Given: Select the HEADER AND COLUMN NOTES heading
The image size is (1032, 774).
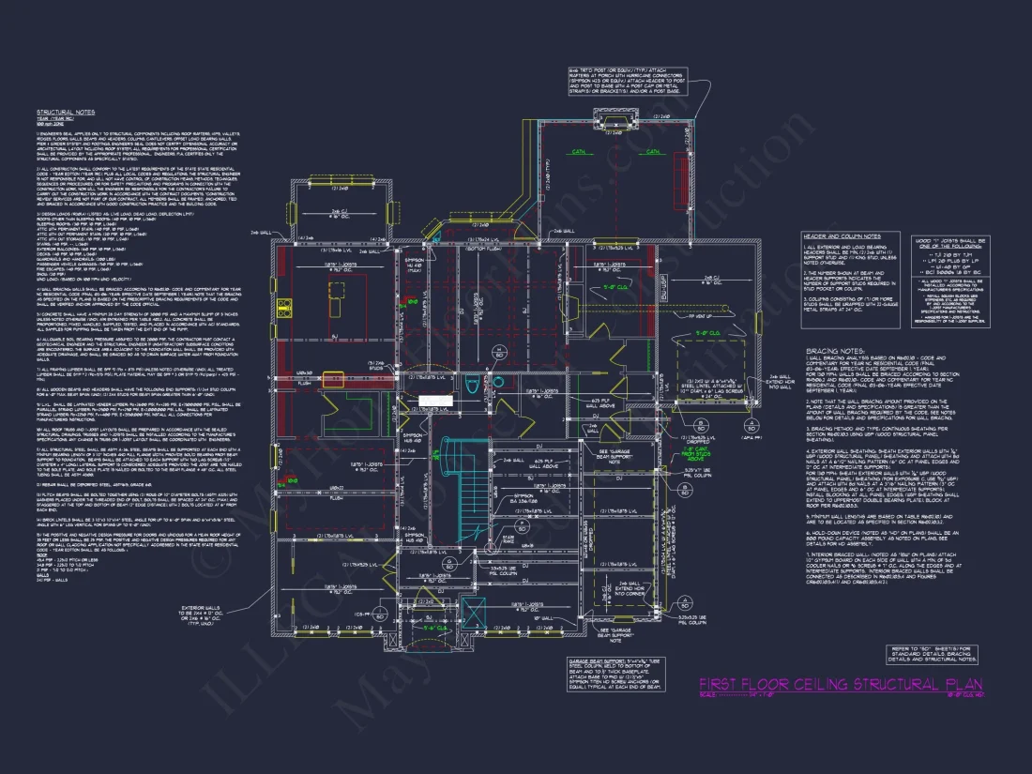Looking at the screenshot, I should (842, 236).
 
